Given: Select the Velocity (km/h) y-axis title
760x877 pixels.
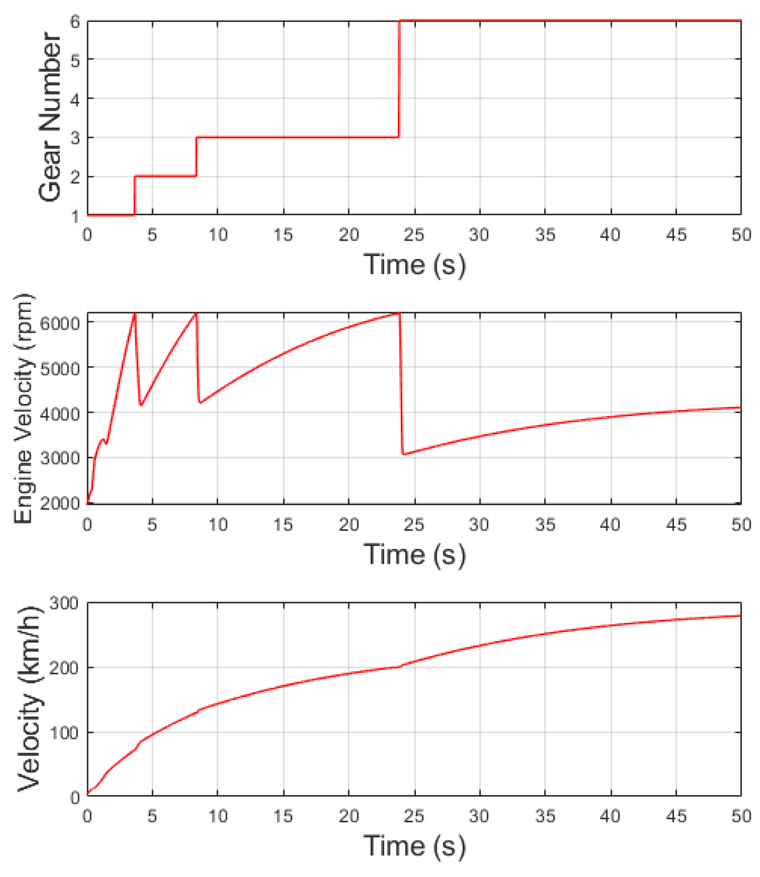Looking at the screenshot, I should click(30, 699).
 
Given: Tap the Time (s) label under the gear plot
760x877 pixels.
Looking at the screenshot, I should click(414, 265).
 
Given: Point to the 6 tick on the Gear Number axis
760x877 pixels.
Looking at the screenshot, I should click(75, 22).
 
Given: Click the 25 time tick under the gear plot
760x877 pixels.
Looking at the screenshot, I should click(414, 235).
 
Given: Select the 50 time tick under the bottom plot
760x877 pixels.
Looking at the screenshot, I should click(741, 816).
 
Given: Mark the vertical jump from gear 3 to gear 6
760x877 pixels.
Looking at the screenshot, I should click(399, 79).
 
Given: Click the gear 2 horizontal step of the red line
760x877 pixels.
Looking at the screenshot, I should click(165, 176).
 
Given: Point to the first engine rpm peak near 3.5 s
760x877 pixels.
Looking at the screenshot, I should click(135, 314).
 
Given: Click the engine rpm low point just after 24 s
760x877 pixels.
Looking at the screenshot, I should click(404, 454).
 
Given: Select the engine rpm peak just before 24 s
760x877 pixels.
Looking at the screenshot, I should click(399, 313).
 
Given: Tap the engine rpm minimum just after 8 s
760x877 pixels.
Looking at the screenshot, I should click(200, 402).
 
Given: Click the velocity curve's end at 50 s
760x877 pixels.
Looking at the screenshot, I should click(740, 616).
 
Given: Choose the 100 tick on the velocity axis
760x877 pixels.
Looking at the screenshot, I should click(64, 733).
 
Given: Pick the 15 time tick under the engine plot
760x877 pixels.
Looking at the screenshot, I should click(283, 524).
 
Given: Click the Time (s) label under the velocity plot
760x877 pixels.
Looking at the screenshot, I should click(414, 845).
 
